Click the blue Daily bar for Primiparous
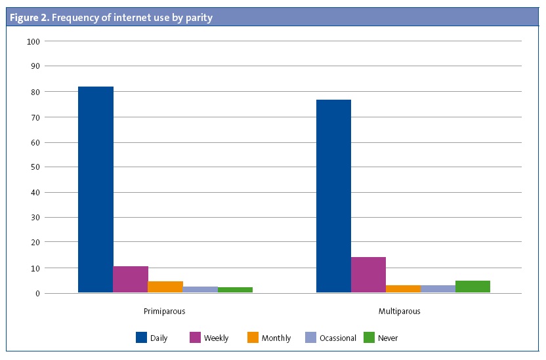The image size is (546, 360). point(96,190)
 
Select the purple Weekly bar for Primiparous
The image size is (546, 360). point(131,279)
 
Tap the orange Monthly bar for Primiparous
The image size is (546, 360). point(165,287)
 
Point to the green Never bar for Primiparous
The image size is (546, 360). point(235,290)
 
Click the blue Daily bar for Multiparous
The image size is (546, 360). point(333,196)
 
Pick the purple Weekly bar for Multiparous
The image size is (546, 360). point(368,275)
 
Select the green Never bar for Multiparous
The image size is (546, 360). point(472,287)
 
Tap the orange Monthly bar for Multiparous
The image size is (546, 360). point(403,289)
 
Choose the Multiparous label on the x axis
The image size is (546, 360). point(399,311)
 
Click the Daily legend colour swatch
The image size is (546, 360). point(141,338)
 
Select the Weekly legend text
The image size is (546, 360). point(216,338)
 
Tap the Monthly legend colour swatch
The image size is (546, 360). point(253,338)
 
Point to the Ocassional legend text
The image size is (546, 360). point(337,338)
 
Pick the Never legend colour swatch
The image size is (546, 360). point(368,338)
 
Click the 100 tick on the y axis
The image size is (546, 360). point(34,41)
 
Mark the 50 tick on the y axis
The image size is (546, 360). point(35,167)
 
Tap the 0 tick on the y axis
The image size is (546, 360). point(38,293)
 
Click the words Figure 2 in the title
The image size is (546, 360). point(28,18)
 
